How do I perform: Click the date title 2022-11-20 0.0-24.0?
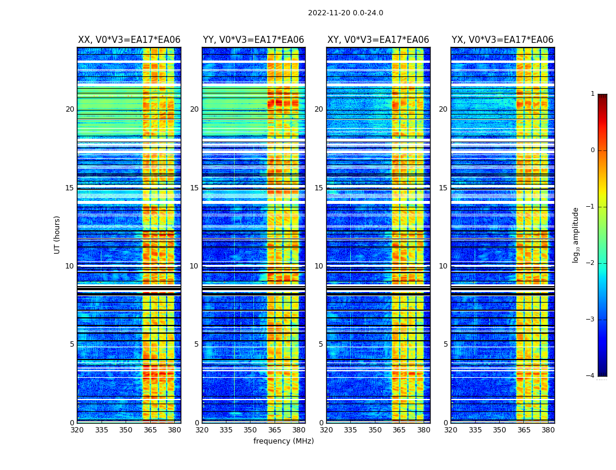click(345, 13)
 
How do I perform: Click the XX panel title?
click(129, 40)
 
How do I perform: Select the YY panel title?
click(253, 40)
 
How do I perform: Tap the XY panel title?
click(378, 40)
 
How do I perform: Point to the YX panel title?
click(502, 40)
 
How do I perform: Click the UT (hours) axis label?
click(57, 234)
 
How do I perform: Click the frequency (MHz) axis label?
click(283, 441)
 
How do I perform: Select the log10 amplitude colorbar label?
click(576, 234)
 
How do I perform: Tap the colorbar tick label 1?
click(592, 94)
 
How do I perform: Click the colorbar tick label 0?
click(592, 150)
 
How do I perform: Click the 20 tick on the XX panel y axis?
click(70, 109)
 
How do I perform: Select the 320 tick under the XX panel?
click(77, 430)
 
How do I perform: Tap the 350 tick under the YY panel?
click(251, 430)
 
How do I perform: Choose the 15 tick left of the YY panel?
click(194, 188)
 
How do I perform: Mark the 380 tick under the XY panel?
click(424, 430)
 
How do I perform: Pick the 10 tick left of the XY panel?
click(319, 266)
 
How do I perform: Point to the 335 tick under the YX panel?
click(475, 430)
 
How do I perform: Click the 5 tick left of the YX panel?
click(445, 344)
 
